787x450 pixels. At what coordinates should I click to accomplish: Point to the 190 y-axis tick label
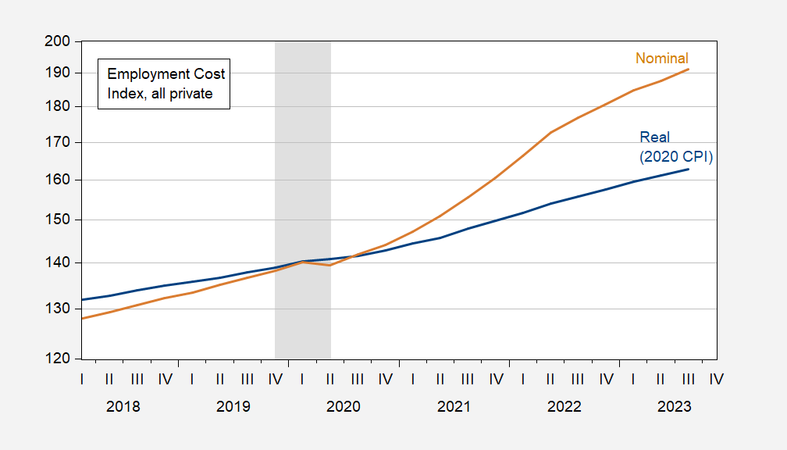tap(59, 73)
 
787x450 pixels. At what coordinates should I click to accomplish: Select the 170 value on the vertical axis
tap(59, 142)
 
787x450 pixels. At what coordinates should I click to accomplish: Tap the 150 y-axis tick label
tap(59, 220)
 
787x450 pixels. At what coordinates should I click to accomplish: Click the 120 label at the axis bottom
tap(59, 359)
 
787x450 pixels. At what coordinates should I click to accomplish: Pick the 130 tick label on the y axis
tap(59, 309)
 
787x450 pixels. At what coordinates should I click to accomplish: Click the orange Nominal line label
tap(661, 59)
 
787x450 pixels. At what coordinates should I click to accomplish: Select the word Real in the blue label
tap(654, 137)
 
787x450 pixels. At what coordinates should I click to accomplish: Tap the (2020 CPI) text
tap(676, 156)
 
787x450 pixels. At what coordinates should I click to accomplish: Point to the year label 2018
tap(123, 407)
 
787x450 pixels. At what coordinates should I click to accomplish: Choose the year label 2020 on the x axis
tap(343, 407)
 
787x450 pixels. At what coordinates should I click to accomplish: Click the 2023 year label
tap(674, 407)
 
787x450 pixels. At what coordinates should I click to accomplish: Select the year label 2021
tap(454, 407)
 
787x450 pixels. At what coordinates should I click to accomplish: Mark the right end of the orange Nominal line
tap(688, 70)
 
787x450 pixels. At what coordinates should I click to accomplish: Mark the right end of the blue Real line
tap(688, 170)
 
